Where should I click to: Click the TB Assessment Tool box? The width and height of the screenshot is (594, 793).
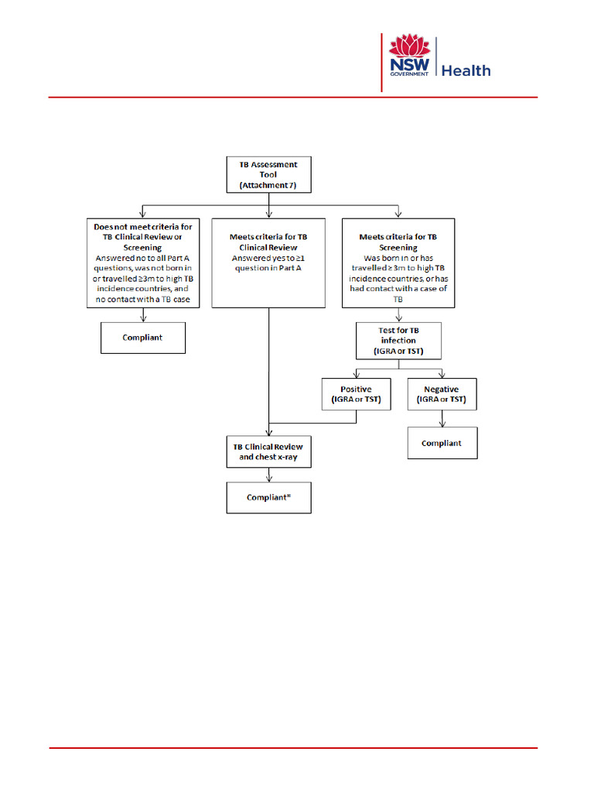click(268, 174)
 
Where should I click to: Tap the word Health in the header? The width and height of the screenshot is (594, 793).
click(466, 70)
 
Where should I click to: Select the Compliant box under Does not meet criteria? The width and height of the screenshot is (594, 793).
click(143, 338)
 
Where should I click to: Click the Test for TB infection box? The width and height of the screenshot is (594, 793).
click(398, 341)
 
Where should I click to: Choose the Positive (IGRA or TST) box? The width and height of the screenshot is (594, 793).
click(356, 394)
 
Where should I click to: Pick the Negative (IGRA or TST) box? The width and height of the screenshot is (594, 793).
click(442, 394)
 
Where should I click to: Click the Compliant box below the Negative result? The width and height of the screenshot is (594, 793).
click(442, 443)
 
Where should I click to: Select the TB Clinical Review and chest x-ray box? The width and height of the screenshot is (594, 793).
click(268, 451)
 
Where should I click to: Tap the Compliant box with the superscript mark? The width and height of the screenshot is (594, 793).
click(268, 497)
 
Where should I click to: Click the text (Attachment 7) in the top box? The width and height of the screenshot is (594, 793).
click(268, 186)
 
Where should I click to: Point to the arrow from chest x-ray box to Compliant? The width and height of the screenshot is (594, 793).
click(268, 475)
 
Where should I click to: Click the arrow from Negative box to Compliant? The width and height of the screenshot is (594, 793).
click(442, 419)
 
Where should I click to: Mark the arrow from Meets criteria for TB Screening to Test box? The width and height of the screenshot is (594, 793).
click(398, 314)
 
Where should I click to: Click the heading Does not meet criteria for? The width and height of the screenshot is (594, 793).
click(143, 226)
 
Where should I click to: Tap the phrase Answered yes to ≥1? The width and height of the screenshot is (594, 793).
click(268, 257)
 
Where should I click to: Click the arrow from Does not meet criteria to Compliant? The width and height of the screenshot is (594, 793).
click(143, 314)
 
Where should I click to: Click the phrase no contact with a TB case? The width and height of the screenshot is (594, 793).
click(143, 299)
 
